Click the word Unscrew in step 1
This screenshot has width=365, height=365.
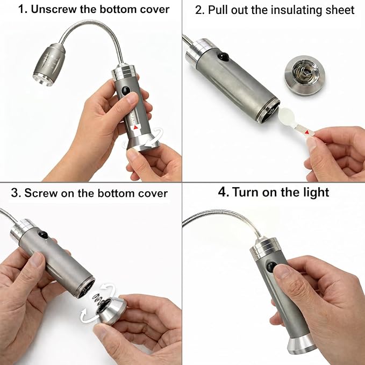point(54,10)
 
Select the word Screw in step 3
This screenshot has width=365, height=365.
point(41,193)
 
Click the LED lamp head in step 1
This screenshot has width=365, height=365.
point(49,65)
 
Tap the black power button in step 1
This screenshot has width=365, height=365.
point(126,90)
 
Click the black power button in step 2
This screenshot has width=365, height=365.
point(223,56)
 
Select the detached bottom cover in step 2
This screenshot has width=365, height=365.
point(305,75)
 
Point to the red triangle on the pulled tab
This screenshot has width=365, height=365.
point(307,132)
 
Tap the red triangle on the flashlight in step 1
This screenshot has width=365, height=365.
point(135,127)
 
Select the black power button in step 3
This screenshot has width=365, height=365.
point(44,234)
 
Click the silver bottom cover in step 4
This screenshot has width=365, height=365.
point(302,344)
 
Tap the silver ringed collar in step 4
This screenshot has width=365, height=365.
point(264,248)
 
